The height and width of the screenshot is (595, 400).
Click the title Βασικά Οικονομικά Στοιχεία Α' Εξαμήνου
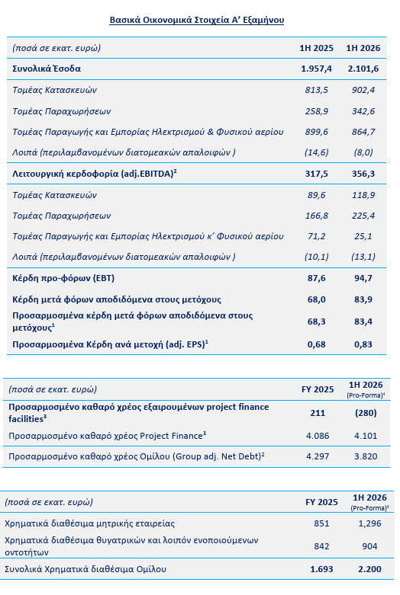tap(197, 20)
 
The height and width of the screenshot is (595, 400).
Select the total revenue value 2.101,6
tap(363, 69)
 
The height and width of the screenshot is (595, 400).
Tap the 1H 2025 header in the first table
tap(316, 48)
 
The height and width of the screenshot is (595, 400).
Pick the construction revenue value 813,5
tap(316, 90)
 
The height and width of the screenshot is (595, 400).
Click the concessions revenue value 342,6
tap(363, 111)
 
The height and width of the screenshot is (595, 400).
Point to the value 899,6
tap(316, 132)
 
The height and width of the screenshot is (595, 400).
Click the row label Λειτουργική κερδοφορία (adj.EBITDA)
tap(95, 174)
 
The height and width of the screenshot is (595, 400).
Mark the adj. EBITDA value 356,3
tap(363, 174)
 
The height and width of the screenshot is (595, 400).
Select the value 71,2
tap(316, 236)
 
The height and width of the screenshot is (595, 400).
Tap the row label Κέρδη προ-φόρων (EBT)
tap(63, 278)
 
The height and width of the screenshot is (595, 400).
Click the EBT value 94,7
tap(363, 278)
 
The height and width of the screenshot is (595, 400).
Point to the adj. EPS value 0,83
tap(363, 344)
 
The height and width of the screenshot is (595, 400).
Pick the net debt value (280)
tap(366, 413)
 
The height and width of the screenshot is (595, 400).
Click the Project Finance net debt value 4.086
tap(318, 436)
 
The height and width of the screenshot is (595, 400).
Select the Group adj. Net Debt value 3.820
tap(366, 456)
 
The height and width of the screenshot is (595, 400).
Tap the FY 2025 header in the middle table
tap(318, 389)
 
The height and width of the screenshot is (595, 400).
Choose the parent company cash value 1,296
tap(369, 523)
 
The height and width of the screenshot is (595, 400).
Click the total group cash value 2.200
tap(369, 569)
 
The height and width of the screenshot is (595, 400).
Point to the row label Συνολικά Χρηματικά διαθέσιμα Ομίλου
tap(85, 569)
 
